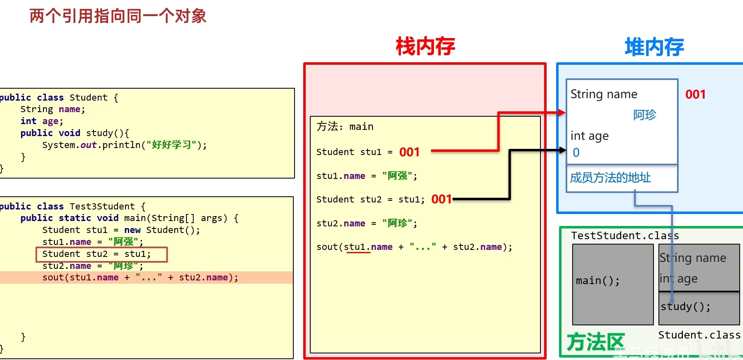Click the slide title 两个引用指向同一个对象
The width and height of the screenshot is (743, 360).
click(x=118, y=16)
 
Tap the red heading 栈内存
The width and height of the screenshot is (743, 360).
click(x=425, y=46)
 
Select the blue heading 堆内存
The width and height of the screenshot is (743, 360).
click(x=654, y=47)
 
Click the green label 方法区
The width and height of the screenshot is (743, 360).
click(x=595, y=342)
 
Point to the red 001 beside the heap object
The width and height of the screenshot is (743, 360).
click(x=695, y=94)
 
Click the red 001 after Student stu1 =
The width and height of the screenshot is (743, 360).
click(x=409, y=152)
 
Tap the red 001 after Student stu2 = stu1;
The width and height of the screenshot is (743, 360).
click(x=441, y=199)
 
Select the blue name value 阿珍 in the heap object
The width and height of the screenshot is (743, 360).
click(x=644, y=115)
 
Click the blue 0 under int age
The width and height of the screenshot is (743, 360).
click(x=576, y=153)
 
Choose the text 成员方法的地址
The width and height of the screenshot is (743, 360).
click(x=610, y=178)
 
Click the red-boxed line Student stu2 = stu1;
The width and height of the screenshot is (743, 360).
click(x=101, y=254)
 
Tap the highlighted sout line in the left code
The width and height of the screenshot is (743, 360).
click(x=140, y=278)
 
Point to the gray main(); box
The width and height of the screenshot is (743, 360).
click(x=613, y=284)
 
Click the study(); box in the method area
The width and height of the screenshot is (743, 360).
click(x=698, y=308)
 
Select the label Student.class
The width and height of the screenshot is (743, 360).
click(x=699, y=335)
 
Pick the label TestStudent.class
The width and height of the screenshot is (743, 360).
click(x=625, y=235)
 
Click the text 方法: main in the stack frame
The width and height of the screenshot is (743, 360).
click(x=345, y=127)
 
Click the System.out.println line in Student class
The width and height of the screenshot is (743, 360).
click(x=124, y=145)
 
